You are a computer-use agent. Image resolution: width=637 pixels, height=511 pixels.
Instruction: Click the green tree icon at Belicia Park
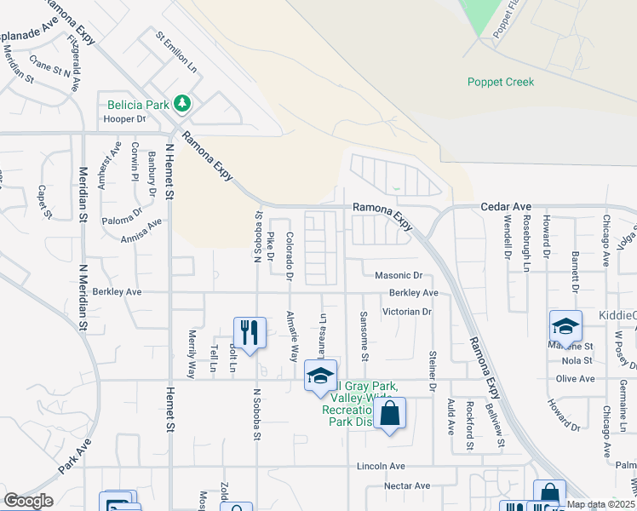pyautogui.click(x=181, y=104)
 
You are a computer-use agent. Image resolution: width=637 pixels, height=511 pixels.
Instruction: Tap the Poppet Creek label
pyautogui.click(x=501, y=83)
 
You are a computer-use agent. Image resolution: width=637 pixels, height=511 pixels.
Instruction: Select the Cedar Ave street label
pyautogui.click(x=506, y=206)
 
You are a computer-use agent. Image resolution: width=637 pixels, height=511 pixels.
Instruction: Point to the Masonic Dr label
pyautogui.click(x=399, y=276)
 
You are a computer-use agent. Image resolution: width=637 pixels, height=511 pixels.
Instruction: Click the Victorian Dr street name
pyautogui.click(x=407, y=312)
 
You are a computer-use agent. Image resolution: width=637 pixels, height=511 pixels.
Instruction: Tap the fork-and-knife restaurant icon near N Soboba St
pyautogui.click(x=250, y=331)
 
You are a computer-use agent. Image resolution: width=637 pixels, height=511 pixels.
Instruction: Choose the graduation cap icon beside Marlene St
pyautogui.click(x=565, y=326)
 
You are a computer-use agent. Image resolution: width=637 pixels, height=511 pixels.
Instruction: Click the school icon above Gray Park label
pyautogui.click(x=321, y=375)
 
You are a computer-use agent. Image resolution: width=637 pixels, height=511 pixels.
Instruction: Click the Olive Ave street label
pyautogui.click(x=574, y=378)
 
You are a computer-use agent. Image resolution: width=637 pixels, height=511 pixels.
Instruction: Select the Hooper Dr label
pyautogui.click(x=125, y=120)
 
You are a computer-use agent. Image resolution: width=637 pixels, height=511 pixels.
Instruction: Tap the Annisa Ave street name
pyautogui.click(x=141, y=232)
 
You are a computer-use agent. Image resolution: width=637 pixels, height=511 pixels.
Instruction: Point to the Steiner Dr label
pyautogui.click(x=433, y=370)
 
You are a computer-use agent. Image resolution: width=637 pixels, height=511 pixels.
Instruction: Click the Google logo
pyautogui.click(x=28, y=501)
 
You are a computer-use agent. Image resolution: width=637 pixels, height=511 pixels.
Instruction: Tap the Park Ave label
pyautogui.click(x=75, y=457)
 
